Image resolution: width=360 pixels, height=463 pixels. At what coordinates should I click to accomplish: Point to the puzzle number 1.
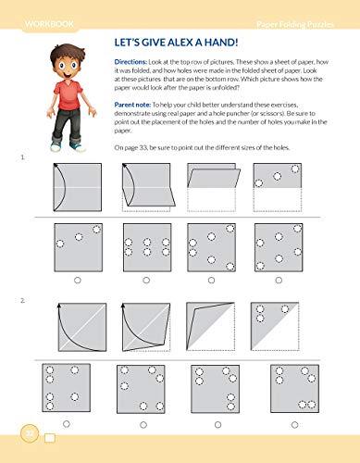point(23,159)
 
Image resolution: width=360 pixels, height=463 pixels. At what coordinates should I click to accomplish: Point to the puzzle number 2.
point(23,301)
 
